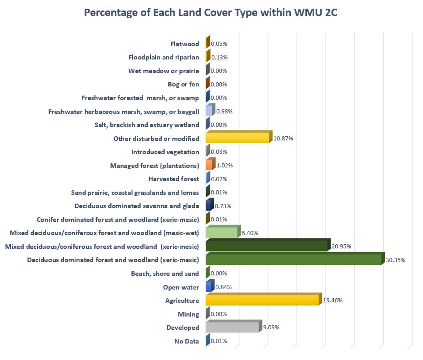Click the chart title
point(211,13)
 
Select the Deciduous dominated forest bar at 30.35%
point(294,260)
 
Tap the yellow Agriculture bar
point(262,300)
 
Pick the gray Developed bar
point(233,328)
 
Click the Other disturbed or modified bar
point(237,138)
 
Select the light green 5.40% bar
point(222,233)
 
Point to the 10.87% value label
point(284,138)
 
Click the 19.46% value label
point(333,301)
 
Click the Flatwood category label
point(184,44)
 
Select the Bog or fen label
point(183,84)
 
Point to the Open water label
point(181,287)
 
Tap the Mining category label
point(188,314)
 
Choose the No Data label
point(187,341)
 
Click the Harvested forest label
point(174,179)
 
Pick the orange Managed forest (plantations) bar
point(209,165)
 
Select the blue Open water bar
point(209,287)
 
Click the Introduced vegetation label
point(165,152)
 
